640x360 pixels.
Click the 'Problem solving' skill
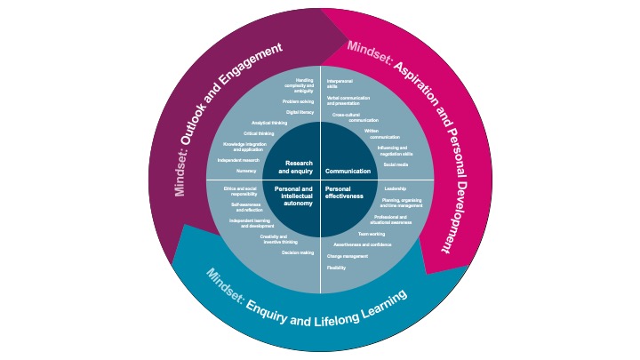300,101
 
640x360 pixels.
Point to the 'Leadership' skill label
395,188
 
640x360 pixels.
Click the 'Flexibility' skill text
336,268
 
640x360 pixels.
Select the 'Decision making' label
298,253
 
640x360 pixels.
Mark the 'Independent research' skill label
237,160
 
